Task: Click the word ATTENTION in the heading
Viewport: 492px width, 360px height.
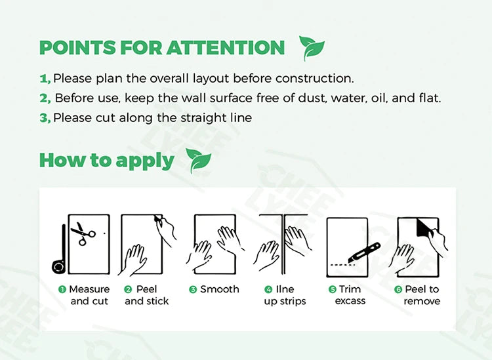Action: coord(225,48)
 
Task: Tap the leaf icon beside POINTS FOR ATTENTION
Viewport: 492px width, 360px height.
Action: coord(312,48)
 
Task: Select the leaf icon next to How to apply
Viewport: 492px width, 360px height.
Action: coord(199,161)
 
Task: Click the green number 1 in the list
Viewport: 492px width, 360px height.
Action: coord(44,79)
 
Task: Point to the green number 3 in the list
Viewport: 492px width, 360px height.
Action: coord(45,118)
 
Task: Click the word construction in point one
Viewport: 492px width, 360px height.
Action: coord(312,78)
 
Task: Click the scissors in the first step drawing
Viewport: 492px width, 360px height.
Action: coord(83,233)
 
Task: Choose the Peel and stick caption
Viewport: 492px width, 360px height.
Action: coord(146,295)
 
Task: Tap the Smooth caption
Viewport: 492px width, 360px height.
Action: coord(219,289)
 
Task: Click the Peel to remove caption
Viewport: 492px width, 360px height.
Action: coord(421,295)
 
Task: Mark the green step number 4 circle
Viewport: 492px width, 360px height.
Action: coord(268,289)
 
